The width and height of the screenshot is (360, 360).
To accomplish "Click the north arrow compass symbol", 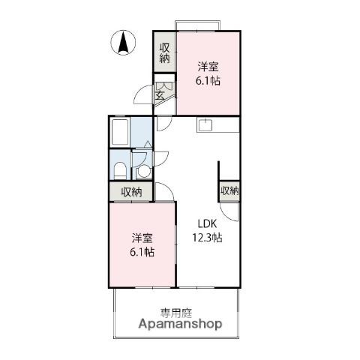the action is coord(123,43).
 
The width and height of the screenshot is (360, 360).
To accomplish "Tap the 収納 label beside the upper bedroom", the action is coord(165,53).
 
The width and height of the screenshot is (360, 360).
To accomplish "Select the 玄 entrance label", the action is coord(160,96).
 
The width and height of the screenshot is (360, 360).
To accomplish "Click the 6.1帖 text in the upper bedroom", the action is coord(208,81).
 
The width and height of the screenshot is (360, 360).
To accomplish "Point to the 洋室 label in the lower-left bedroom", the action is coord(142,238).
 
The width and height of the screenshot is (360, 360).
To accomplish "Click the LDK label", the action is coord(207,224).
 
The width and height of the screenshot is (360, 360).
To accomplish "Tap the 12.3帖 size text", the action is coord(207,238).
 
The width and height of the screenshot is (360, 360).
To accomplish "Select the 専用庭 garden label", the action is coord(176,313).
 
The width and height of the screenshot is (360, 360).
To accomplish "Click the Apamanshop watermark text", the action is coord(180,324).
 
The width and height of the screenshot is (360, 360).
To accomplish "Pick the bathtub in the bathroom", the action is coord(120,132).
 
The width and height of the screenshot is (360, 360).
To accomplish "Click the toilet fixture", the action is coord(120,171).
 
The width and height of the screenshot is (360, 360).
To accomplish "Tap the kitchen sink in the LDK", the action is coord(205,124).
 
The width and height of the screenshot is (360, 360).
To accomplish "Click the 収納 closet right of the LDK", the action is coord(229,191).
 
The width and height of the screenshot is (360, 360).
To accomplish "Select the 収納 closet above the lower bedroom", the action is coord(131,192).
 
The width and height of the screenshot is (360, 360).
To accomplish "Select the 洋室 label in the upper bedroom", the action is coord(208,67).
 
